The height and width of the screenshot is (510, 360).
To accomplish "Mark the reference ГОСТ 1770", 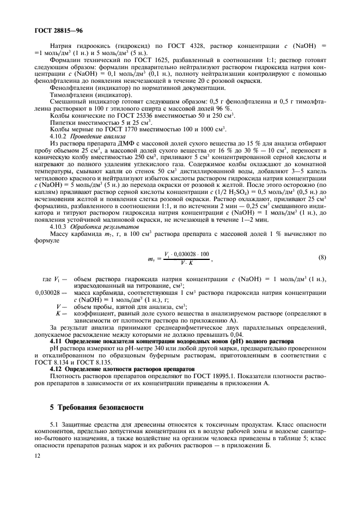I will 121,130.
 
